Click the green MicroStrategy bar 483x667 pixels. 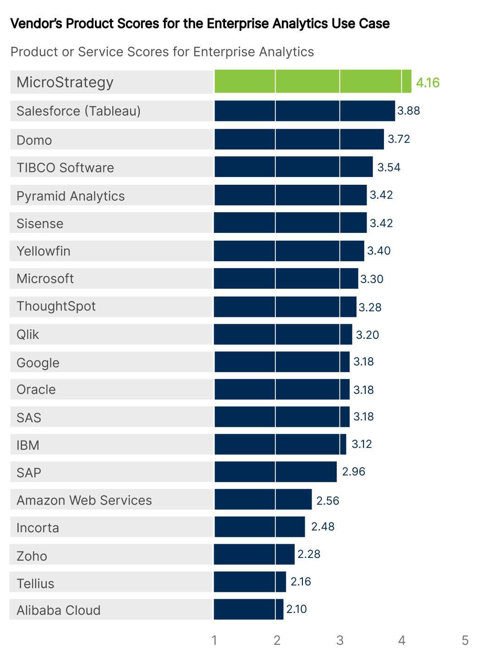(x=313, y=82)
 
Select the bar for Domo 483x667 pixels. (x=299, y=139)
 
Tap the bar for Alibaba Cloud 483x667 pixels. (x=248, y=609)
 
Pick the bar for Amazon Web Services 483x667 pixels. (x=263, y=499)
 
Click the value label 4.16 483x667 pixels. (x=428, y=83)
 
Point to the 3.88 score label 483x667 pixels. (x=408, y=111)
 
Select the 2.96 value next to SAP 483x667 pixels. (x=353, y=472)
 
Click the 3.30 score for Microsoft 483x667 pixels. (x=372, y=279)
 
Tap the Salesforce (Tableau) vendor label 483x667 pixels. (x=78, y=111)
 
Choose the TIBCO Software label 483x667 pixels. (x=65, y=168)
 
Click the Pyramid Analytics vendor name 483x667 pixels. (x=71, y=196)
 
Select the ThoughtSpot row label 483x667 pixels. (x=56, y=306)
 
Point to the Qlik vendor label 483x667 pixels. (x=27, y=335)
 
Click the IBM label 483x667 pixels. (x=27, y=445)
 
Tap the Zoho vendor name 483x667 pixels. (x=32, y=556)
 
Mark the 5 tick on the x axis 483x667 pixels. (x=465, y=640)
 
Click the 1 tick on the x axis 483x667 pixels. (x=214, y=640)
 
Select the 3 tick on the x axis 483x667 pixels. (x=340, y=640)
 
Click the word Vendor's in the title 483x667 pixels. (x=36, y=24)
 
